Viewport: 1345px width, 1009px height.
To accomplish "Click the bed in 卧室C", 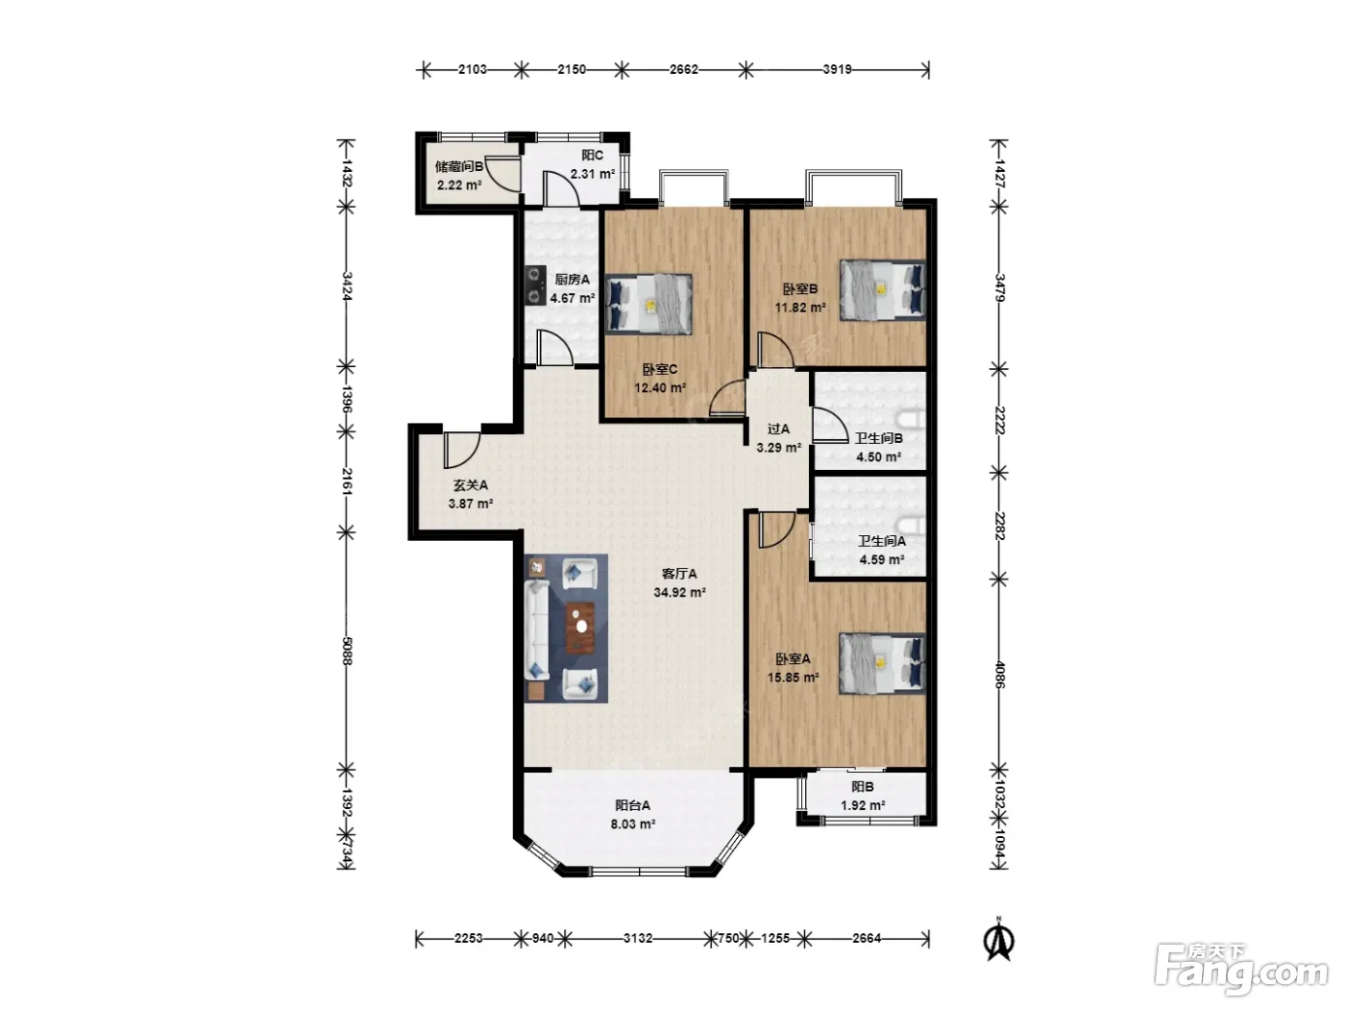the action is click(x=648, y=304).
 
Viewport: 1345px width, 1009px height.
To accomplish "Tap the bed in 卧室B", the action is click(x=882, y=290).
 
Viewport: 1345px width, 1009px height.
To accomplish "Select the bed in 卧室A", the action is click(x=882, y=663).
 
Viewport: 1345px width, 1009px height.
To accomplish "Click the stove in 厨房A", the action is click(x=535, y=285).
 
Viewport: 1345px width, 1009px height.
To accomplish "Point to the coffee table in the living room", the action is click(x=580, y=628).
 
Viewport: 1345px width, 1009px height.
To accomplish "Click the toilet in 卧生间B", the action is click(x=913, y=420).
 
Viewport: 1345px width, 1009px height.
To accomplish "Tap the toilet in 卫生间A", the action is click(x=913, y=526).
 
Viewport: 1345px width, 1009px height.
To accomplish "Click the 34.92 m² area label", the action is click(x=679, y=592).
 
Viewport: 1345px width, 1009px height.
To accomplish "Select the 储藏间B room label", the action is click(x=459, y=166).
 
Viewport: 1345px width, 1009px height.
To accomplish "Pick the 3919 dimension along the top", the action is click(x=837, y=69).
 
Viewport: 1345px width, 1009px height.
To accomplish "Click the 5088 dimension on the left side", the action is click(x=346, y=651).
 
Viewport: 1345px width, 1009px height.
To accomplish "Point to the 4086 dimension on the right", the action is click(x=999, y=674).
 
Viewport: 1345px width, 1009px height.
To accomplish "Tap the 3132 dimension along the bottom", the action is click(x=637, y=939).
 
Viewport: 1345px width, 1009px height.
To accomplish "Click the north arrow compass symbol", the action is click(x=999, y=939).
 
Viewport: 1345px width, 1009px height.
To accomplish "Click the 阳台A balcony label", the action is click(x=633, y=805).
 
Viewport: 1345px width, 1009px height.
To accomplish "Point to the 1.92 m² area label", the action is click(x=863, y=805).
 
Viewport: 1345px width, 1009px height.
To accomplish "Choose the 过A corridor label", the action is click(x=779, y=429).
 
